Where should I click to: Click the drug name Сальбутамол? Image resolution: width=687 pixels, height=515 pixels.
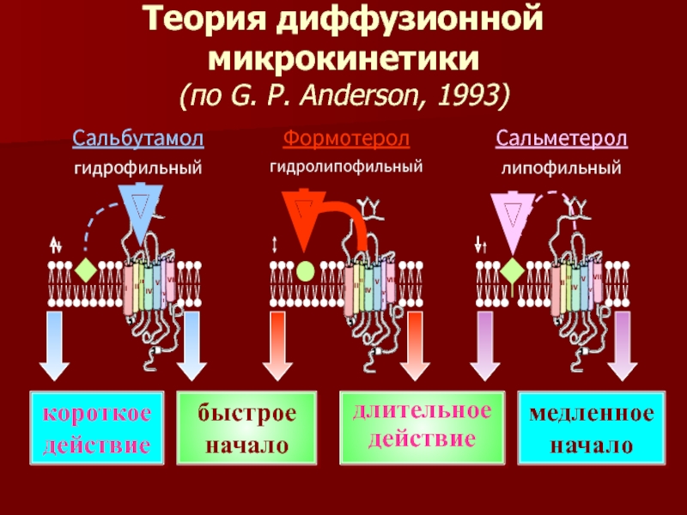(x=137, y=138)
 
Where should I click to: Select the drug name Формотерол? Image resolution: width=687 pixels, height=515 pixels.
(x=346, y=138)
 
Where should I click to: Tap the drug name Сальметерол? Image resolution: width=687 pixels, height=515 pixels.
(x=561, y=138)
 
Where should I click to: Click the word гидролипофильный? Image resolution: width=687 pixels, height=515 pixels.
(x=346, y=165)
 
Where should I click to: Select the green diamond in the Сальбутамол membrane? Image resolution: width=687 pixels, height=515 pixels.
(x=84, y=271)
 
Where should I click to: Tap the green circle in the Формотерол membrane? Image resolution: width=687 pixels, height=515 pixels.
(x=305, y=272)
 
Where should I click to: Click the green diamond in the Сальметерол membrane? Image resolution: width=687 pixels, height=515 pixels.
(x=511, y=272)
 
